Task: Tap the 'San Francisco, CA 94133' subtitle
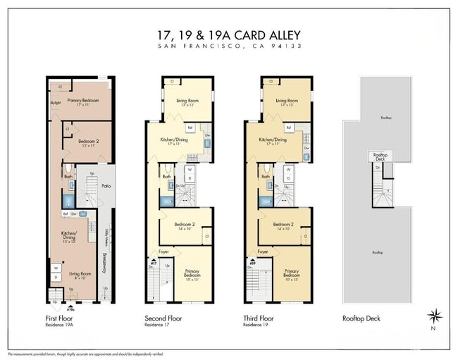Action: point(229,46)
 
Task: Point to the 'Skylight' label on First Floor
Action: point(56,101)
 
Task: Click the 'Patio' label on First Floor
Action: point(106,186)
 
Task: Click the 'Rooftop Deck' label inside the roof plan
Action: point(380,156)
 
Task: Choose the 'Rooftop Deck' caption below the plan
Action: point(361,318)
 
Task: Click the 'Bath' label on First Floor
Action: point(68,178)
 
